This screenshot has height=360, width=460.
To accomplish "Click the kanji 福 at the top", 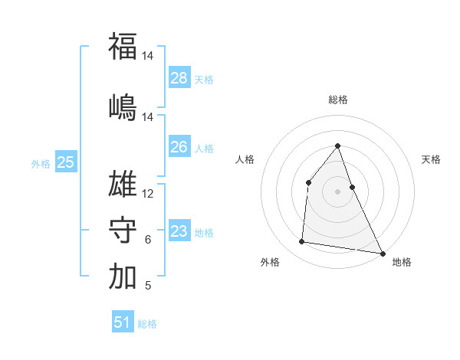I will pos(123,46).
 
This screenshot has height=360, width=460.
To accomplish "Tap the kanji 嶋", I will pos(123,106).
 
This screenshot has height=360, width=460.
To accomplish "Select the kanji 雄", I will pos(123,185).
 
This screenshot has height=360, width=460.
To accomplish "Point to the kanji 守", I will pos(123,231).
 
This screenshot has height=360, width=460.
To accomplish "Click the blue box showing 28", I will pos(179,78).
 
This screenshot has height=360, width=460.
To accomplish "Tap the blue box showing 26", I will pos(179,147).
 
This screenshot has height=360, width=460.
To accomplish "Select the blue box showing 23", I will pos(179,231).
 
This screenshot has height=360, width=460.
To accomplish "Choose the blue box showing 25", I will pos(66,162).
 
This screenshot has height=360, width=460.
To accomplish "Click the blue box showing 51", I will pos(123,322).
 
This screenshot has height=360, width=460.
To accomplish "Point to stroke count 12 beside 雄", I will pos(148,194).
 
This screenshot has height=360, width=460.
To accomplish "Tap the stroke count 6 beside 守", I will pos(148,240).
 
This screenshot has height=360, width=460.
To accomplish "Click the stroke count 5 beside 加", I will pos(148,286).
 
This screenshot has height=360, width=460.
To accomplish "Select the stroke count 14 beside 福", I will pos(148,56).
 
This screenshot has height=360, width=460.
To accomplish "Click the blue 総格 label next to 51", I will pos(147,324).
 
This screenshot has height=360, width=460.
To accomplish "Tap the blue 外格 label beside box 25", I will pos(41,163).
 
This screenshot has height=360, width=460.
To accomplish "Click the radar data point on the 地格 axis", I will pos(382,253).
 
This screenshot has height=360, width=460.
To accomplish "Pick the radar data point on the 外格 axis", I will pos(302,242).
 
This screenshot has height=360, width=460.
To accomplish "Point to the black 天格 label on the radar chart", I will pos(431,159).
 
